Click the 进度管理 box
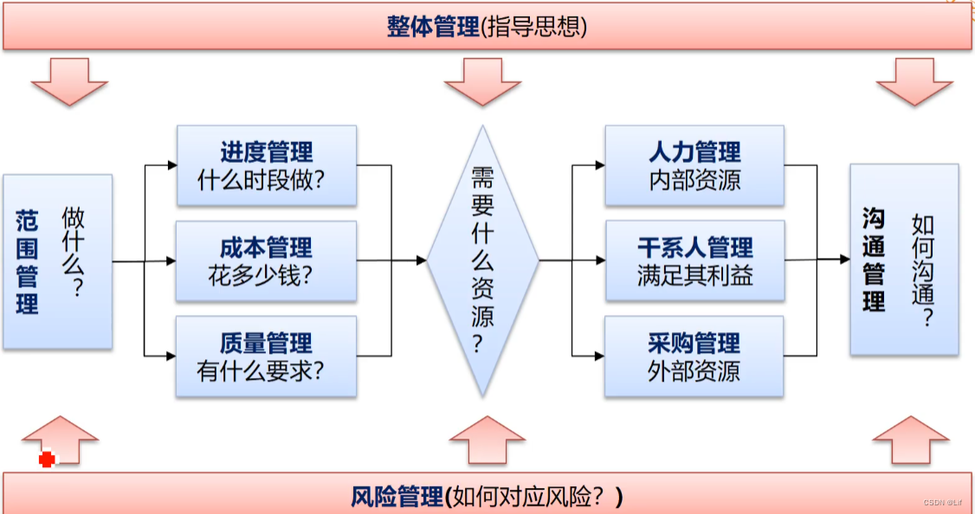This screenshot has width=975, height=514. (x=266, y=165)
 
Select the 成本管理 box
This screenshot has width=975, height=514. (x=266, y=260)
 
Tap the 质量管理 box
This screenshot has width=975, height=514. (x=266, y=356)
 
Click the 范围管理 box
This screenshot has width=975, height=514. (x=57, y=261)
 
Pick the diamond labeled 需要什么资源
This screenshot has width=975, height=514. (x=482, y=260)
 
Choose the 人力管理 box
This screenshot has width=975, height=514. (x=694, y=165)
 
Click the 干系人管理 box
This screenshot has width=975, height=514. (x=694, y=260)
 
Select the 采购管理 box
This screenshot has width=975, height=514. (x=694, y=356)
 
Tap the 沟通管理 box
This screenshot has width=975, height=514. (x=904, y=260)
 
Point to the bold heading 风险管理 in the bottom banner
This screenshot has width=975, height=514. (x=397, y=498)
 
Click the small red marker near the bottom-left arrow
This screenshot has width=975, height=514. (x=47, y=459)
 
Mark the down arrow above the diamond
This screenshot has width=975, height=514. (x=482, y=80)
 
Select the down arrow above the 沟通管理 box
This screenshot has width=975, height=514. (x=914, y=80)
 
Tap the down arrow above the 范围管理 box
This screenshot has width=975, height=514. (x=69, y=80)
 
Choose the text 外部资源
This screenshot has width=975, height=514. (x=694, y=371)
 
